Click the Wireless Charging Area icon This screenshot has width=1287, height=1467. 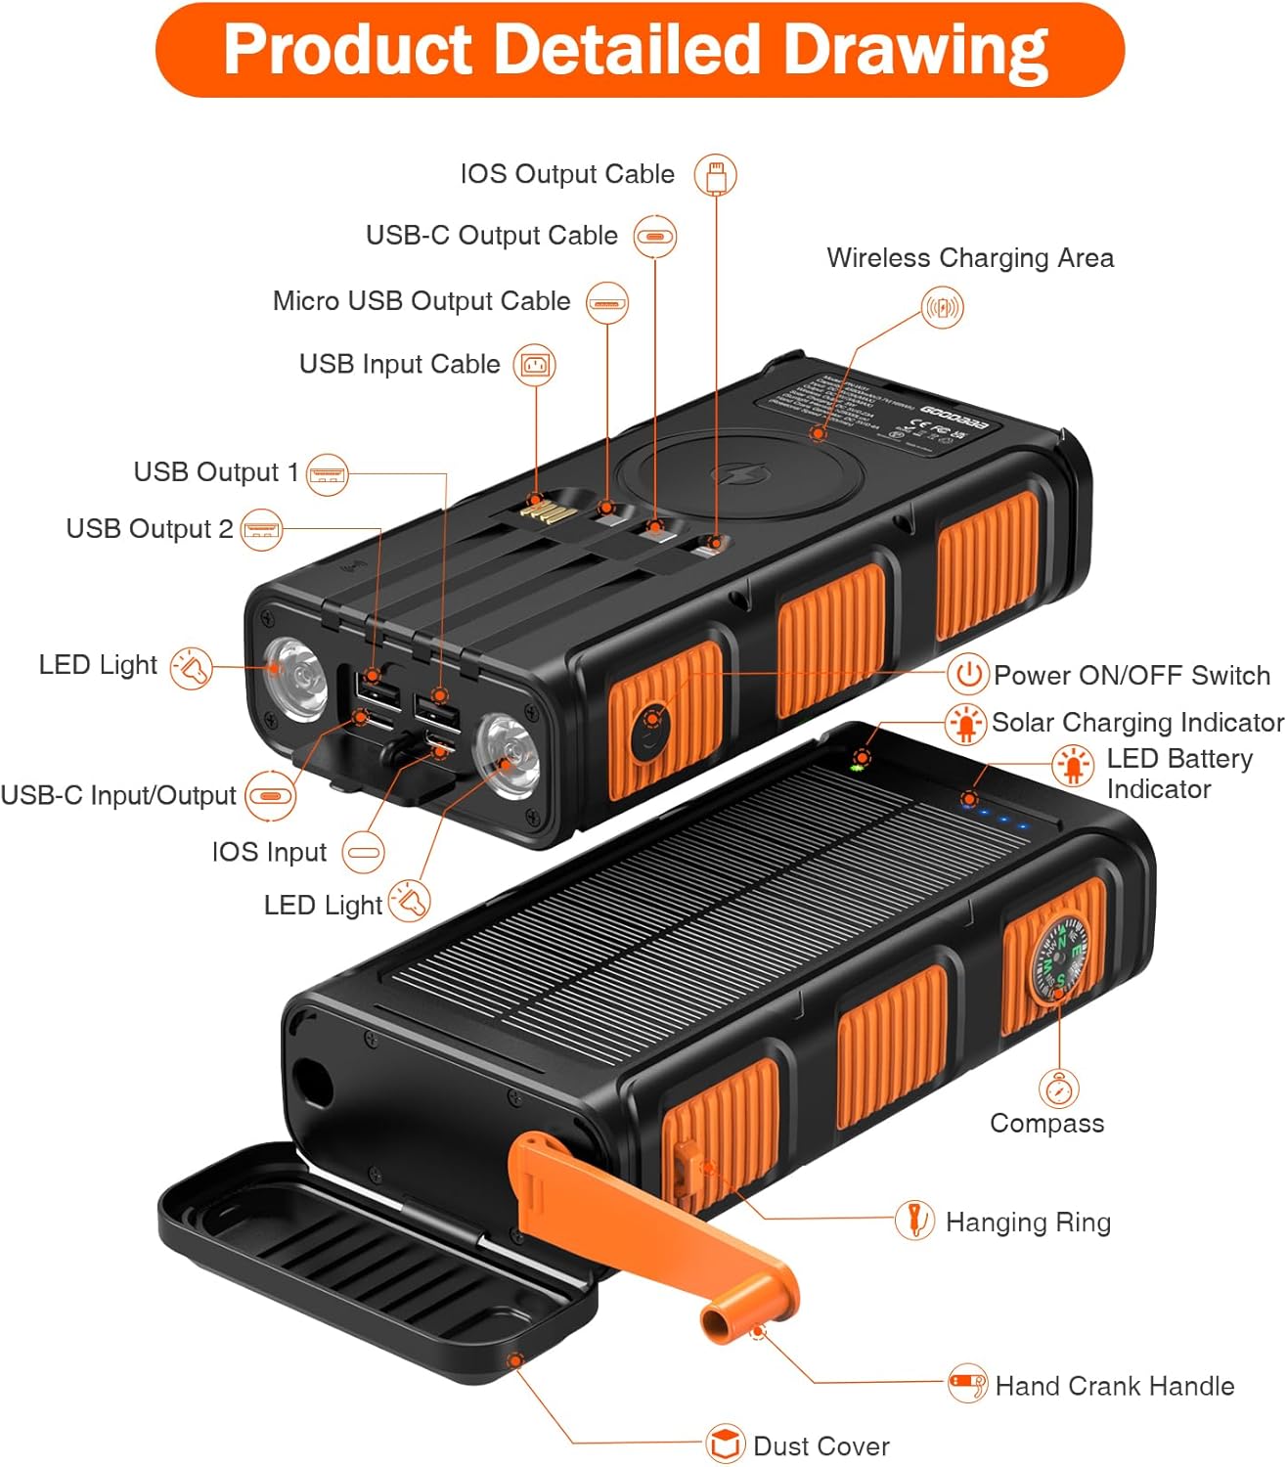[x=943, y=308]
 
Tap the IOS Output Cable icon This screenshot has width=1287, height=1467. [x=715, y=176]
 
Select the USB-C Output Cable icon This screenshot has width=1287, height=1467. [x=654, y=237]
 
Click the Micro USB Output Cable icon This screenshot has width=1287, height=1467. [x=606, y=303]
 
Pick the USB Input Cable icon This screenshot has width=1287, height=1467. [x=534, y=366]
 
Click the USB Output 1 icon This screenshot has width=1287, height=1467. [x=327, y=475]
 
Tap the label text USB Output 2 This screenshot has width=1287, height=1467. [x=150, y=529]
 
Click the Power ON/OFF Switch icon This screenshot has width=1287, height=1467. [x=967, y=674]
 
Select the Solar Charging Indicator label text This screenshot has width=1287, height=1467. [x=1136, y=723]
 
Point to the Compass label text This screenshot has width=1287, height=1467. [x=1046, y=1124]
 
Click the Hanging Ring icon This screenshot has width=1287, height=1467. [x=914, y=1221]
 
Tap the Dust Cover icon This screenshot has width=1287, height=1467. [x=725, y=1444]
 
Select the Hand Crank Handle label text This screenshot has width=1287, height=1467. [x=1114, y=1386]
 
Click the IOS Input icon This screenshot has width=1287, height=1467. [x=363, y=852]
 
